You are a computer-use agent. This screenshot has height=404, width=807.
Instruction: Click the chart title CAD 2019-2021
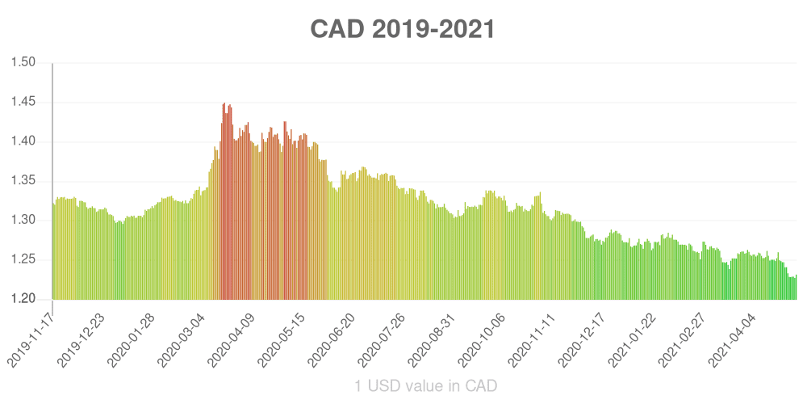click(403, 29)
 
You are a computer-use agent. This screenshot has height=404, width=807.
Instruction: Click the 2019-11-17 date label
click(31, 334)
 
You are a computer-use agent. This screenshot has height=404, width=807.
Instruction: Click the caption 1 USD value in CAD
click(426, 386)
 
